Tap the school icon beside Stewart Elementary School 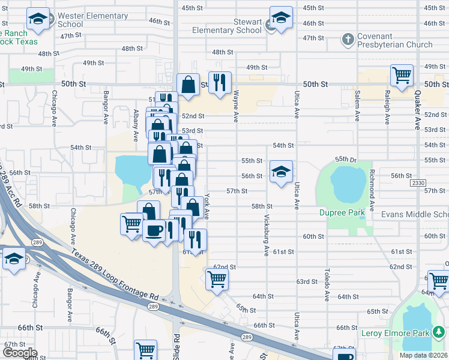click(280, 19)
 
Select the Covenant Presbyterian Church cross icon click(347, 40)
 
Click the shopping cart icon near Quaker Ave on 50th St click(402, 76)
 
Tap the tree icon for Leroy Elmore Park click(438, 332)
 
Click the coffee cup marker click(154, 230)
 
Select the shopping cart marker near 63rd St click(216, 278)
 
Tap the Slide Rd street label click(177, 345)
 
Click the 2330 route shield click(419, 182)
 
